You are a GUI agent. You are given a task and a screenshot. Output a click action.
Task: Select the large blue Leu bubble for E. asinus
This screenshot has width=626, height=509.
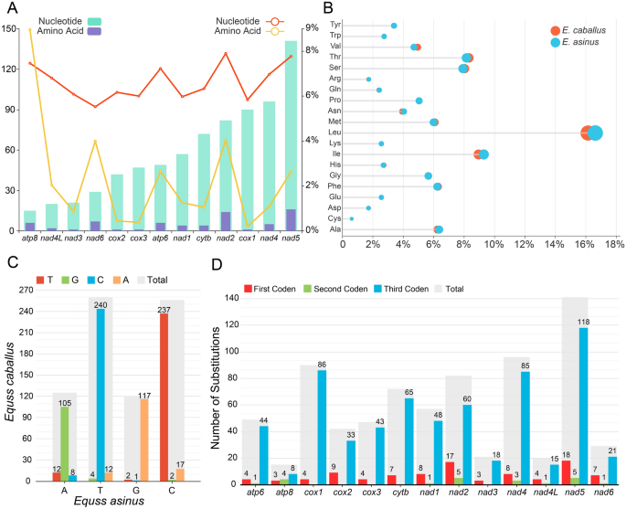tap(595, 133)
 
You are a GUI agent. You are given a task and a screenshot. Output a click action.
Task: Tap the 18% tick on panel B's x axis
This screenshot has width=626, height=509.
tap(613, 244)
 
